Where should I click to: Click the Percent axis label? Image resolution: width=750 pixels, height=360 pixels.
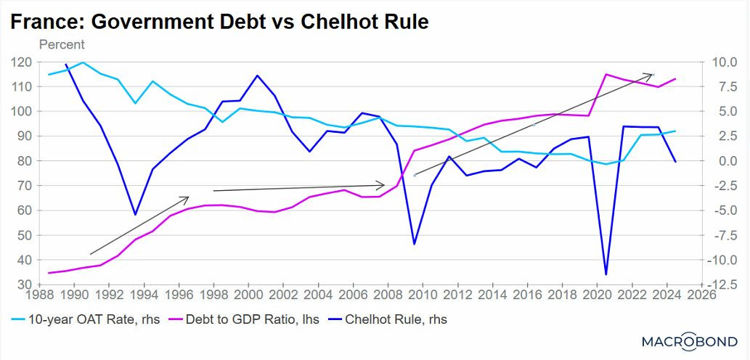tap(62, 44)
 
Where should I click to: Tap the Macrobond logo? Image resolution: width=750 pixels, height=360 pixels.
tap(690, 342)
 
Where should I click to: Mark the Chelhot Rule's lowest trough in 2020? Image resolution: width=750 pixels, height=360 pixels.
tap(606, 274)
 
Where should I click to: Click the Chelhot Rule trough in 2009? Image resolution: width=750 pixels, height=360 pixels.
tap(414, 244)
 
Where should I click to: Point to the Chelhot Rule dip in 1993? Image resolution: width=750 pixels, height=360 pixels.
tap(135, 215)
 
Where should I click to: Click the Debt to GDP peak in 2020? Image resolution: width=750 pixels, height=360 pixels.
tap(606, 74)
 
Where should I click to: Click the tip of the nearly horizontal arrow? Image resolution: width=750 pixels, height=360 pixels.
tap(385, 184)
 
